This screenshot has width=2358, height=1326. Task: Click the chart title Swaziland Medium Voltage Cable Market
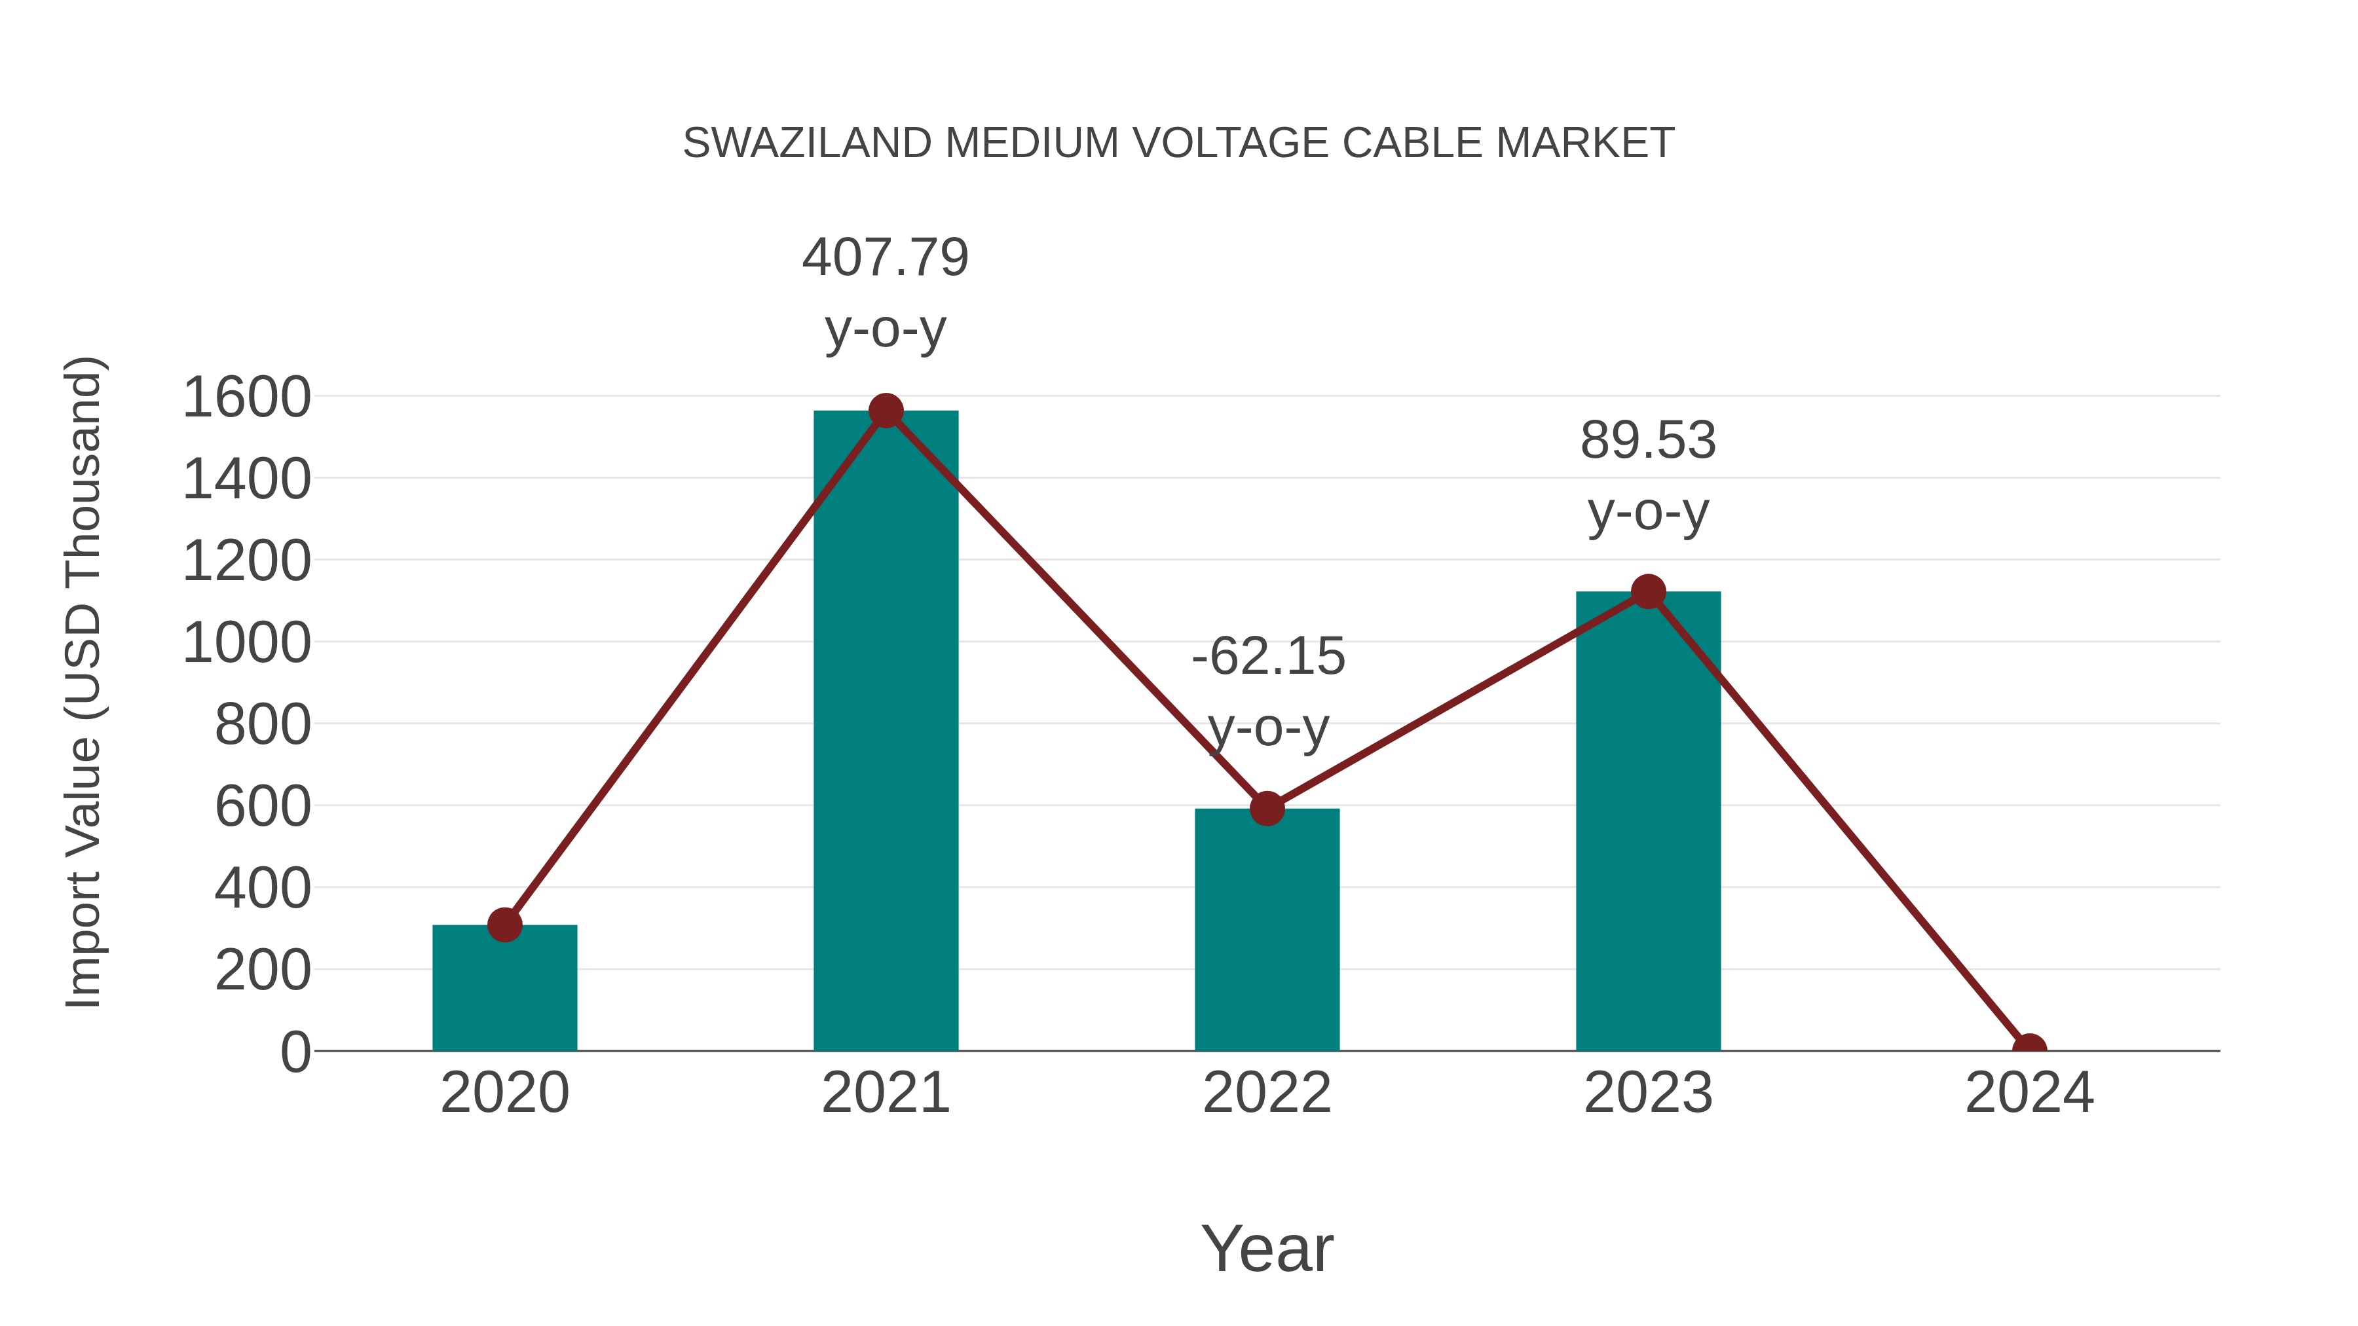click(1178, 143)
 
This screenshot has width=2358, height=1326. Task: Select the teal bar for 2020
click(504, 993)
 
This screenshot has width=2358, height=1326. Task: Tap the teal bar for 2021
click(885, 732)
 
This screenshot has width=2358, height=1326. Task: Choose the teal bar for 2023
click(1648, 824)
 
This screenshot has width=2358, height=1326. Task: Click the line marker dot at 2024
click(2029, 1049)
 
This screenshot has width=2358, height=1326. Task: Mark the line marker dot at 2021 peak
click(885, 411)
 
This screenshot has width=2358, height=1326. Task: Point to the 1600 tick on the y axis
click(246, 397)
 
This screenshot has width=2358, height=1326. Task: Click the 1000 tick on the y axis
click(246, 642)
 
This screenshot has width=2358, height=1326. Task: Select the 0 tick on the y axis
click(295, 1052)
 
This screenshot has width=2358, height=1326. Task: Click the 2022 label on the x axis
click(1266, 1093)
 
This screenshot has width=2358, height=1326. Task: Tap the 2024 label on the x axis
click(2029, 1093)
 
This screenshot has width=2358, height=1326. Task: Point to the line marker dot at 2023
click(1648, 592)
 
